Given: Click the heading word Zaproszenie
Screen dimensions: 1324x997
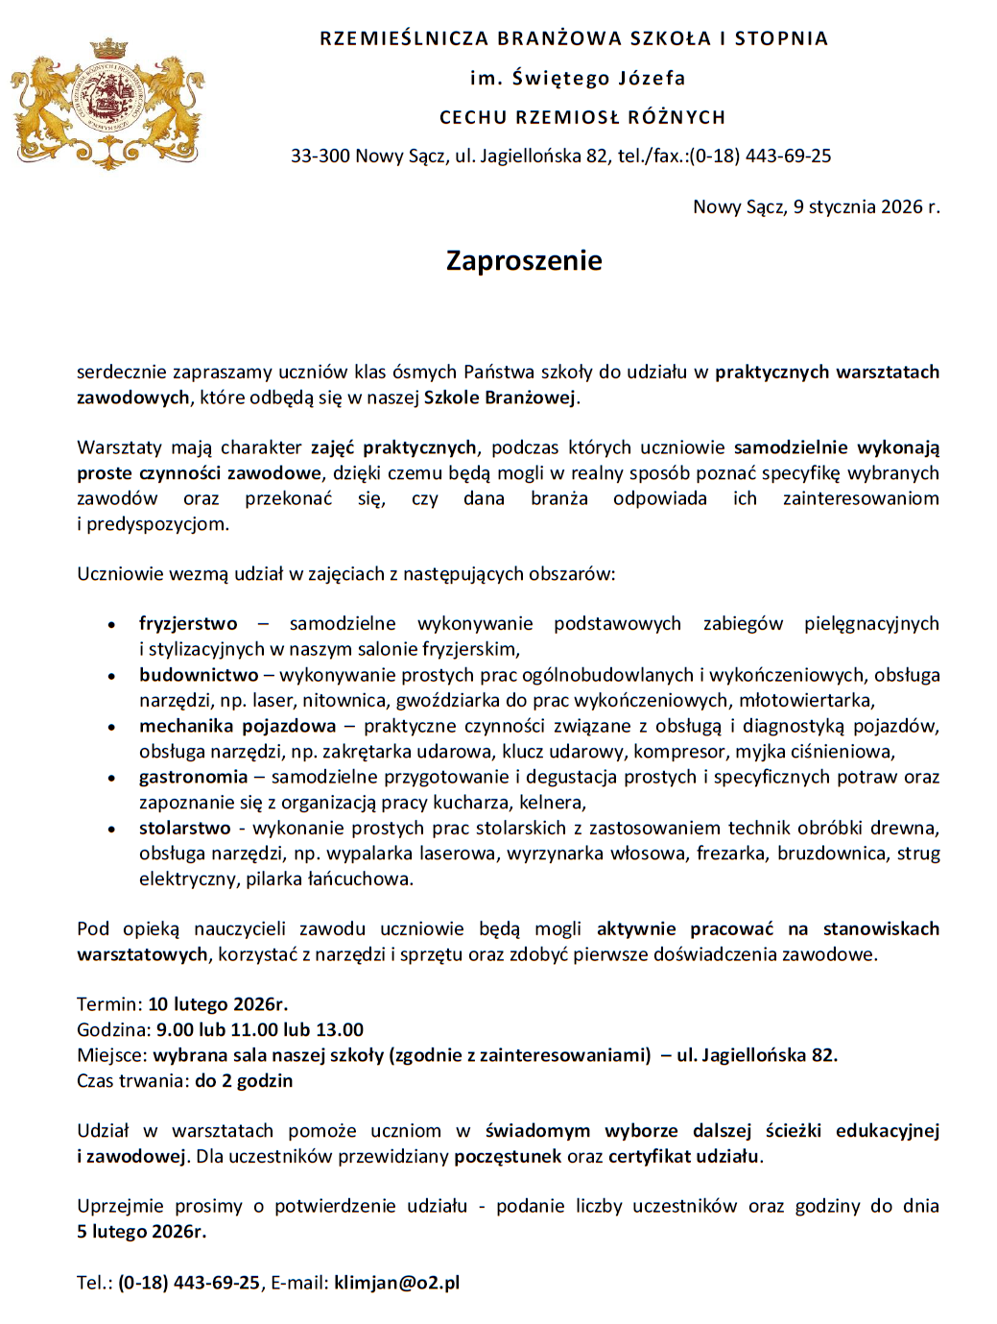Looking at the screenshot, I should click(x=524, y=260).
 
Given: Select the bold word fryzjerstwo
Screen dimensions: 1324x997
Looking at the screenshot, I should click(x=188, y=624).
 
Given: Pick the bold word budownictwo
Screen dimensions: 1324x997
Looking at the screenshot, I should click(x=199, y=675).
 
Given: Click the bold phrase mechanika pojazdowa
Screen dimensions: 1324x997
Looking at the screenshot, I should click(x=237, y=726).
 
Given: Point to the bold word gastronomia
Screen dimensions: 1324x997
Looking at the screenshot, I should click(x=193, y=777).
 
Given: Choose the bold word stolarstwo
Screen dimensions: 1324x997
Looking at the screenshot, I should click(x=185, y=828).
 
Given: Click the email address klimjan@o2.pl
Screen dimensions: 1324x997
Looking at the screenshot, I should click(x=396, y=1283).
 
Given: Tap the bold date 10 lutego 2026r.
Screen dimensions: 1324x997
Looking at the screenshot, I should click(x=218, y=1004).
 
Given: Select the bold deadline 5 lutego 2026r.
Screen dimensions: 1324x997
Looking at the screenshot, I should click(x=141, y=1232).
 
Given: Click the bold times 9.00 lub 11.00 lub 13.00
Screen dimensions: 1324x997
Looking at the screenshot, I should click(x=260, y=1030).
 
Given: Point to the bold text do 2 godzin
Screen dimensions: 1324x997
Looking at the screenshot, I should click(x=244, y=1081).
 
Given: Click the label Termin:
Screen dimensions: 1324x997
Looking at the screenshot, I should click(x=109, y=1004).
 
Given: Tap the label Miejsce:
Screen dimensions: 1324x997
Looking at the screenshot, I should click(x=112, y=1055).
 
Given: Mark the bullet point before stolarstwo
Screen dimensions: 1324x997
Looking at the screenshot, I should click(x=112, y=829).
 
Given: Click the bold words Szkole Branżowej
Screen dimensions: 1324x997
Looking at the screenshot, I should click(x=500, y=397).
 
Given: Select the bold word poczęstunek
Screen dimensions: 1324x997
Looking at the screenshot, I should click(x=508, y=1156).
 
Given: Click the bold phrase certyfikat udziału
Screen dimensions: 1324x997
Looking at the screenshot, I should click(x=683, y=1156).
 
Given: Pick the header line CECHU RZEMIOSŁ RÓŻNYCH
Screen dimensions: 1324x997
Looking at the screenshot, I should click(x=582, y=117).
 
